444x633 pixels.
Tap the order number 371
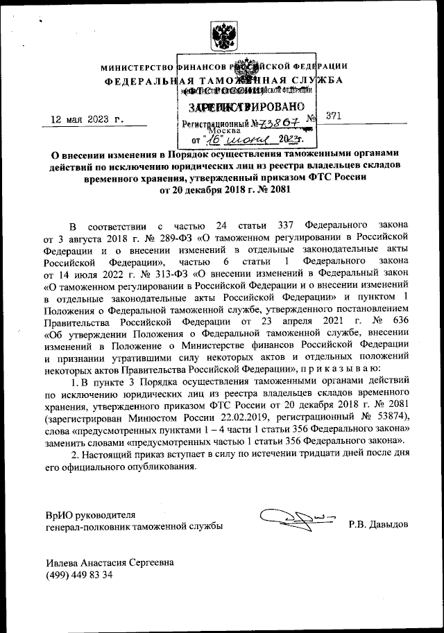pyautogui.click(x=334, y=116)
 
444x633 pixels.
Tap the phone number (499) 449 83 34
pyautogui.click(x=80, y=576)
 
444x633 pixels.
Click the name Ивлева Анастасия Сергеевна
pyautogui.click(x=110, y=563)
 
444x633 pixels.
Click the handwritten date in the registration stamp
pyautogui.click(x=239, y=138)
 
